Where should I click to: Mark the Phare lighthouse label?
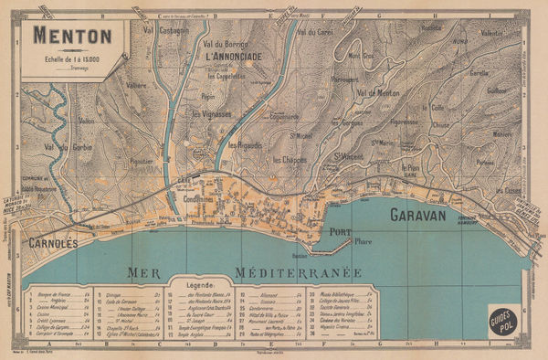pyautogui.click(x=364, y=241)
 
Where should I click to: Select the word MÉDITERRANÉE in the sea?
pyautogui.click(x=298, y=272)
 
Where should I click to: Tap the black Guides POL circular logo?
pyautogui.click(x=504, y=320)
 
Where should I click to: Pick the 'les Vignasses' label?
pyautogui.click(x=211, y=114)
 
